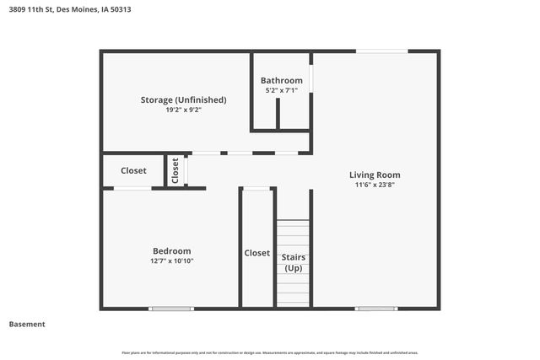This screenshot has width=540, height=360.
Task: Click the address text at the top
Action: (69, 10)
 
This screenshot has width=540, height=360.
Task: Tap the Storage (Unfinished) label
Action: (183, 99)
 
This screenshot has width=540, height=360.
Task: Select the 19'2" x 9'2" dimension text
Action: (183, 110)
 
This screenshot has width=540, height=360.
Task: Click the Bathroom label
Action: (281, 81)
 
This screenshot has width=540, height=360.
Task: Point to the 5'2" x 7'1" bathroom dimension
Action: (281, 90)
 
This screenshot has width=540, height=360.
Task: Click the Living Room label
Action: (375, 175)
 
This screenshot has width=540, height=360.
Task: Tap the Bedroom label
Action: (171, 251)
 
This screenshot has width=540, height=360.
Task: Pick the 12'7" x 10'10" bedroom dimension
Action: (171, 261)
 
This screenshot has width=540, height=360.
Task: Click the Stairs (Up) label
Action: (294, 262)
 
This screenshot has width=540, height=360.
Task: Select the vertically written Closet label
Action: (175, 171)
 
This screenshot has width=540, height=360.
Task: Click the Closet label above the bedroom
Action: (133, 170)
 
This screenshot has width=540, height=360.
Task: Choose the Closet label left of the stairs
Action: (257, 253)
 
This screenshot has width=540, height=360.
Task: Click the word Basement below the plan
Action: (27, 324)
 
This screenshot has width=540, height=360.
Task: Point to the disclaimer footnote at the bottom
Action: (270, 352)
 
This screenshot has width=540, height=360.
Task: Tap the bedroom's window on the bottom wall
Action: (171, 309)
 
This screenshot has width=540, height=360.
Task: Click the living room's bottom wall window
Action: (376, 309)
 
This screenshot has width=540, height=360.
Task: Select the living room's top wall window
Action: (382, 51)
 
